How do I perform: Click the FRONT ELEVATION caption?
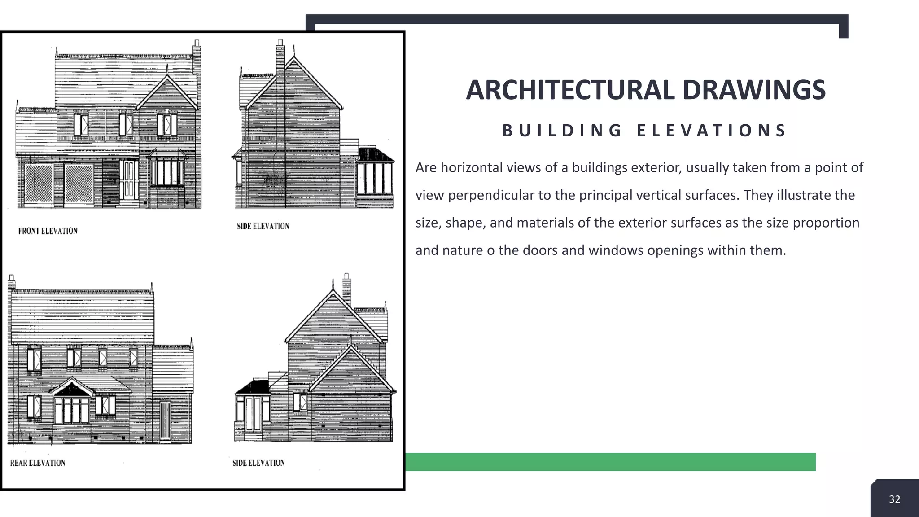click(48, 231)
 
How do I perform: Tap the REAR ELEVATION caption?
click(38, 463)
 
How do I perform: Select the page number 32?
click(894, 499)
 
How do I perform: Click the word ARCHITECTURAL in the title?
click(570, 90)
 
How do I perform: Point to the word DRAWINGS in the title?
click(753, 90)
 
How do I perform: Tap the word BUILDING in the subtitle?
click(562, 131)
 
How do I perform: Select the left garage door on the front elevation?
click(39, 184)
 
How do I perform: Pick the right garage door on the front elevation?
click(79, 184)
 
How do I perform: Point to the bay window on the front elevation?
click(166, 172)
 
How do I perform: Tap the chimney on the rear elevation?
click(12, 282)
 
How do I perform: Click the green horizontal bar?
click(610, 462)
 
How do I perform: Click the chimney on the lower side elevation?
click(346, 287)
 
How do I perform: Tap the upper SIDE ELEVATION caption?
click(263, 226)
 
